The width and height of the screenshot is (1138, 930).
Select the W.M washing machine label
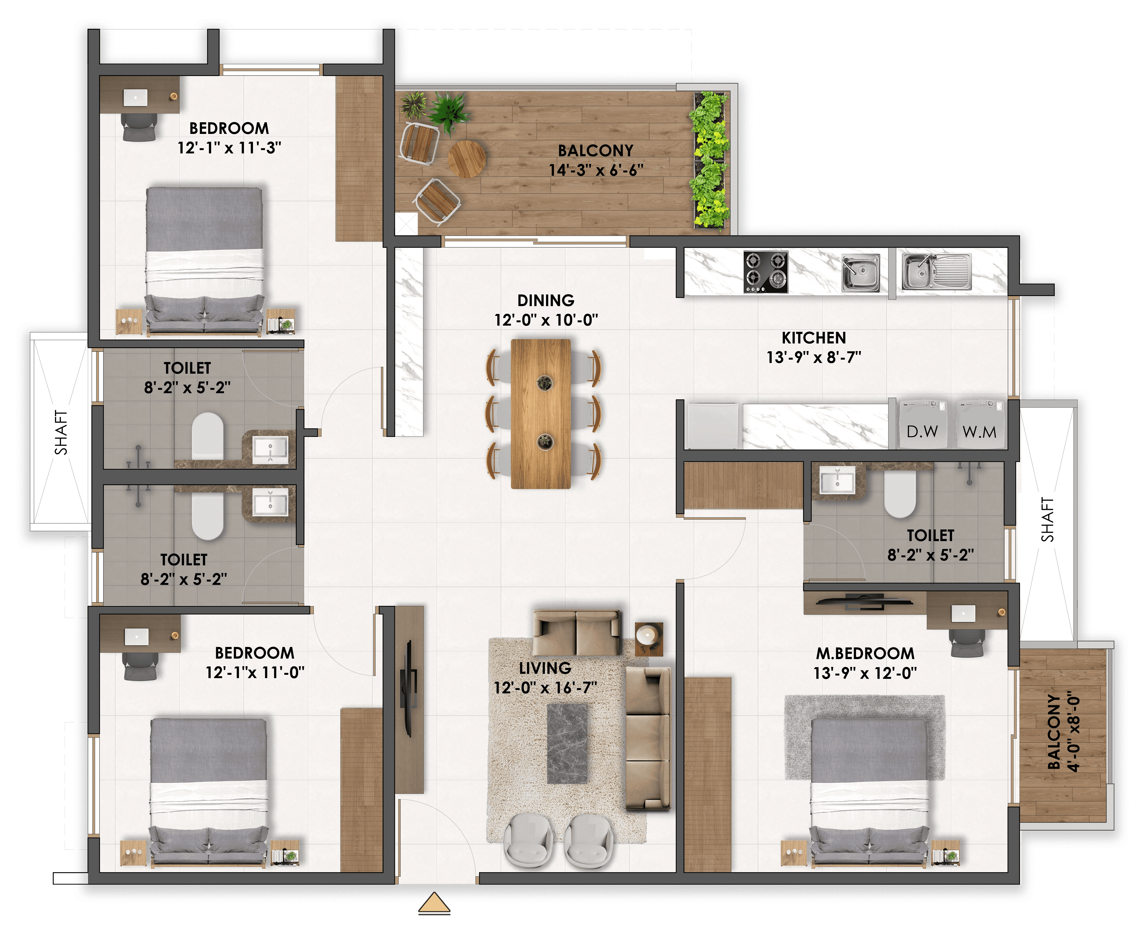[x=979, y=432]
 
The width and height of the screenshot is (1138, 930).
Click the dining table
[x=541, y=414]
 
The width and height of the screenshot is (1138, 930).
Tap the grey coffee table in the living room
[x=567, y=744]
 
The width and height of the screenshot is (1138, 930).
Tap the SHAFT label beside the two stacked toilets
[x=61, y=432]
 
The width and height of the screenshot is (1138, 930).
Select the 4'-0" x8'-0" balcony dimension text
[x=1073, y=733]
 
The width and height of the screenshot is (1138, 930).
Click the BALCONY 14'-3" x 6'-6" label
[x=596, y=160]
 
